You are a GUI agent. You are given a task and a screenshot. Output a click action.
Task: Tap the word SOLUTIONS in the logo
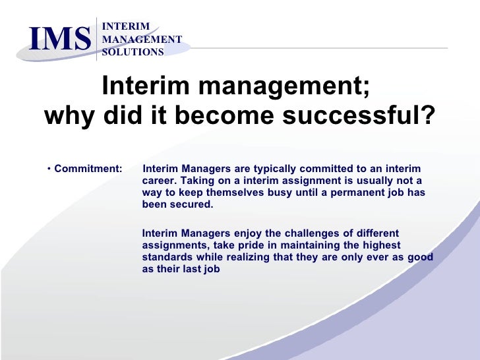click(133, 52)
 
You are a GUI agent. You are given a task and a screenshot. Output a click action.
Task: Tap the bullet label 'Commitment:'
click(88, 169)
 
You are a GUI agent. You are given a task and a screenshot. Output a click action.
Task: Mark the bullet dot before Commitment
click(49, 169)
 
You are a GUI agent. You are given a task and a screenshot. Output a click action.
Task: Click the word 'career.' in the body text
click(160, 181)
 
